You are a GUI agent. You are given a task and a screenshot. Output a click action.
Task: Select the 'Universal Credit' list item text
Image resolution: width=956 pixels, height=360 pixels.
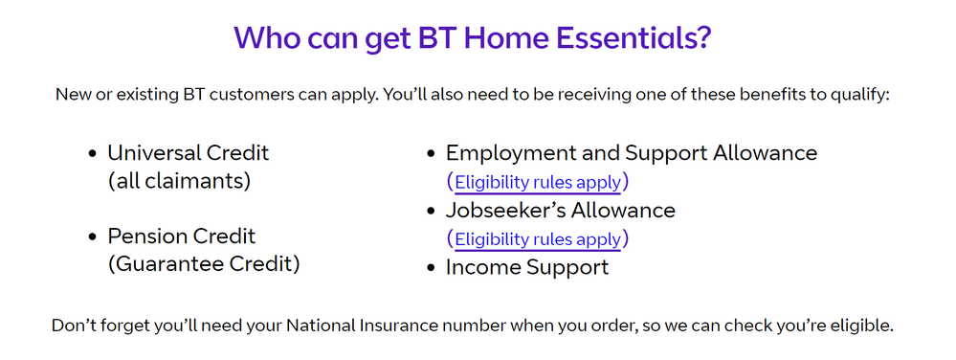[189, 153]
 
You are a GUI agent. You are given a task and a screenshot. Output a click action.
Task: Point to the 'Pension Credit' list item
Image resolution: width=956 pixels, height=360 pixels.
[182, 236]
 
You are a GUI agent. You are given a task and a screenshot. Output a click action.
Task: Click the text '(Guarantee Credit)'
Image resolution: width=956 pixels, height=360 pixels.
[204, 264]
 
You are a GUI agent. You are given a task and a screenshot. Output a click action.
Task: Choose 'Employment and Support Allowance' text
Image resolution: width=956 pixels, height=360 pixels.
[632, 153]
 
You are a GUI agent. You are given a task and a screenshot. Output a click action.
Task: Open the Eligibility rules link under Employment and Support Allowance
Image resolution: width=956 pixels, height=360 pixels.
[538, 182]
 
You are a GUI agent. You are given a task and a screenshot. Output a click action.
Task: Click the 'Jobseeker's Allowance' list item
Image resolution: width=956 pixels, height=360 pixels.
[561, 210]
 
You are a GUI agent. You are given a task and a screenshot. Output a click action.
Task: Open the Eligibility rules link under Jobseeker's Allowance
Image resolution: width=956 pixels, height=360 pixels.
[538, 239]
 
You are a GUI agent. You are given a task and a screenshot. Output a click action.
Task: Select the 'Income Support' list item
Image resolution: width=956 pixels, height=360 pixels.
[527, 267]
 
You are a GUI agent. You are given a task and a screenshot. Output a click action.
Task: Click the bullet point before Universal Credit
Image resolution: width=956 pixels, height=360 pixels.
[92, 154]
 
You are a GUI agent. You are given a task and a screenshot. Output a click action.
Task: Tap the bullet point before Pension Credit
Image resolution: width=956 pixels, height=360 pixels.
[92, 237]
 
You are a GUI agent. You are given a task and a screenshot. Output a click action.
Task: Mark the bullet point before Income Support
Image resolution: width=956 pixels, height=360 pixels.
[431, 268]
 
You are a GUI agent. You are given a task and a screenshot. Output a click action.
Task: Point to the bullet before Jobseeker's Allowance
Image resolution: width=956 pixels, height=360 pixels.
[431, 211]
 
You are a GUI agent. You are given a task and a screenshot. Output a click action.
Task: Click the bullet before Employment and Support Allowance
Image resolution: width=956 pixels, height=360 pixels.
[431, 154]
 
